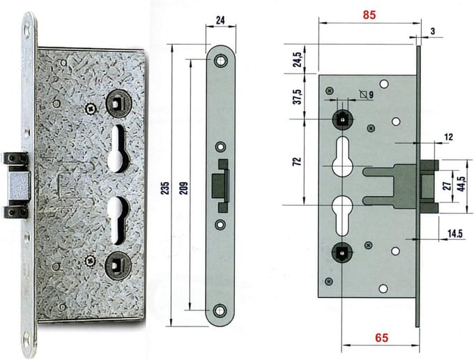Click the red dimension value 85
point(369,15)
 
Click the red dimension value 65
point(381,338)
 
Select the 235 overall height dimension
point(166,188)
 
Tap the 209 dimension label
point(185,188)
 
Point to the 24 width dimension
point(220,20)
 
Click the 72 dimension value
point(298,161)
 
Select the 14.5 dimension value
point(455,234)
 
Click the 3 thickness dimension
point(433,31)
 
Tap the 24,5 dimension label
point(298,59)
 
